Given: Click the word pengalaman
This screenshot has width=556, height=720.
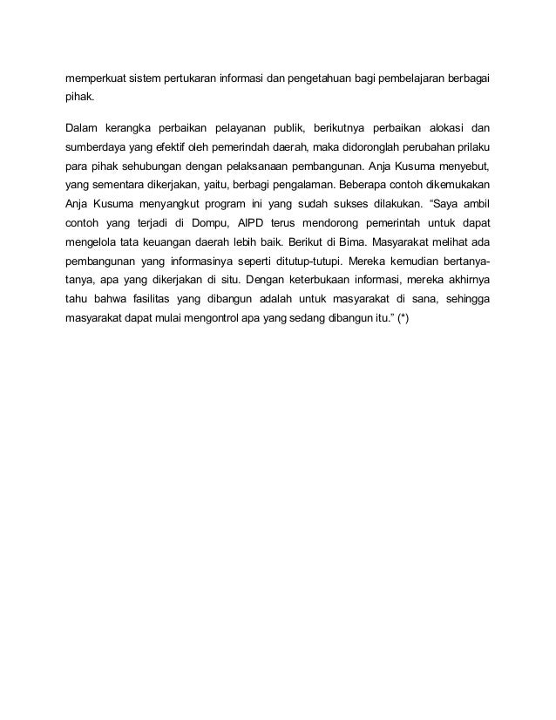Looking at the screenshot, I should (x=295, y=184).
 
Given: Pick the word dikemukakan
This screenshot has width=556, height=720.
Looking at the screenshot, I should (x=451, y=184).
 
